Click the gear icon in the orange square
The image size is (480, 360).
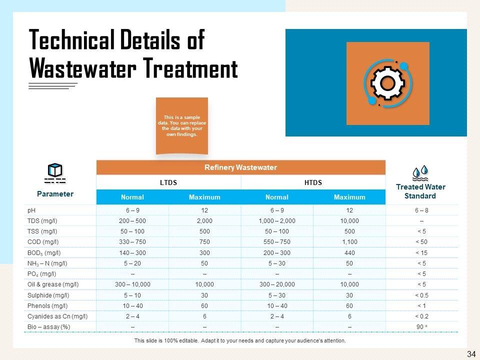(x=387, y=83)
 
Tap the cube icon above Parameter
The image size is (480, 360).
(x=54, y=170)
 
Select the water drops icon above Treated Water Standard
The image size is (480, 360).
(x=420, y=172)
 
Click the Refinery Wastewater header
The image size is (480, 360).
(x=240, y=167)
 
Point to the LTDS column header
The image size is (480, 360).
(x=168, y=182)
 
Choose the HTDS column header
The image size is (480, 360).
(x=313, y=182)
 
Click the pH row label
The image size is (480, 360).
(x=31, y=210)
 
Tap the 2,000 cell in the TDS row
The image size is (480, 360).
(x=205, y=221)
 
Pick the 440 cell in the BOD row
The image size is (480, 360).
(x=349, y=253)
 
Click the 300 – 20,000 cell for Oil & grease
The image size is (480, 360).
(x=277, y=284)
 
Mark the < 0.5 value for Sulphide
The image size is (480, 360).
(x=421, y=295)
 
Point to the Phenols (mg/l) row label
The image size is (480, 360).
(x=47, y=305)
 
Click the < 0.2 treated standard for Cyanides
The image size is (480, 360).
(x=421, y=316)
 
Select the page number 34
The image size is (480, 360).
(x=471, y=354)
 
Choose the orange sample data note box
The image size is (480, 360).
(x=181, y=125)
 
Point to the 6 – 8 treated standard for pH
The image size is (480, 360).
(x=421, y=210)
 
